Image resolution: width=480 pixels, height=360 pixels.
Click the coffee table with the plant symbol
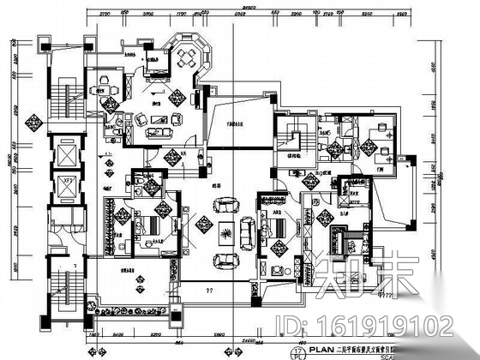[226, 231]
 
